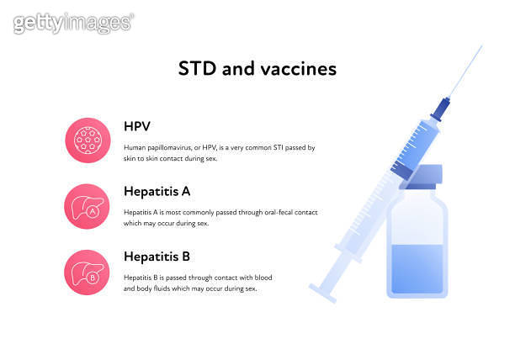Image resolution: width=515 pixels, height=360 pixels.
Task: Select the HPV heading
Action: coord(137,127)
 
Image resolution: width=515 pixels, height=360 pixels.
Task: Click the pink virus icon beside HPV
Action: coord(88,139)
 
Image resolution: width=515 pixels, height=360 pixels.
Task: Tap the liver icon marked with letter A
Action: coord(88,205)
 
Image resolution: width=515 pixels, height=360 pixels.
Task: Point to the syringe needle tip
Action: coord(481,48)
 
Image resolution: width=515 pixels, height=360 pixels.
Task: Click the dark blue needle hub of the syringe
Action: coord(442,108)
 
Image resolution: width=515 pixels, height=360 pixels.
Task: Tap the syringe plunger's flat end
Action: coord(323,293)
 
